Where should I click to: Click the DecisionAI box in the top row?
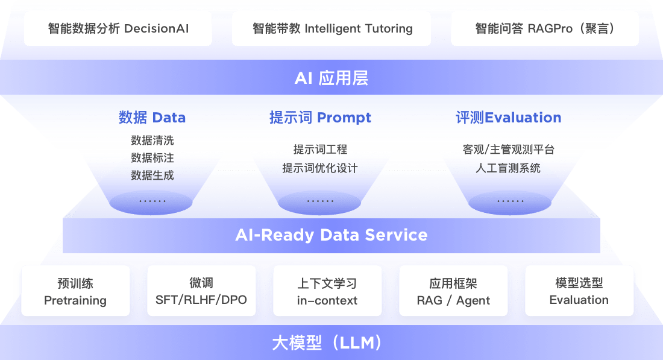click(x=118, y=28)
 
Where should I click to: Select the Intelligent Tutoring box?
click(x=333, y=28)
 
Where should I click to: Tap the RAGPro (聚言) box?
click(x=544, y=28)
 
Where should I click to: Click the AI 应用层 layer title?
click(x=331, y=78)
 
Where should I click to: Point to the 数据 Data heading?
click(x=152, y=117)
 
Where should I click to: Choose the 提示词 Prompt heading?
click(x=320, y=117)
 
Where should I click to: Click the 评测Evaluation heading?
click(x=508, y=117)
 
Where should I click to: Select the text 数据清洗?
click(x=152, y=141)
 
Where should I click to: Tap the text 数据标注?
click(x=152, y=158)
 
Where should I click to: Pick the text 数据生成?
click(x=152, y=175)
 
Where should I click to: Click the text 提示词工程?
click(x=320, y=150)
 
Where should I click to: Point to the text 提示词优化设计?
click(x=320, y=168)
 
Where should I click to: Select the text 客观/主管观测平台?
click(x=508, y=150)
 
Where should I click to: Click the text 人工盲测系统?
click(x=508, y=168)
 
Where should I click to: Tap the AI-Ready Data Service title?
click(x=331, y=235)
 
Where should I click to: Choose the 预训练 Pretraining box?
click(x=75, y=291)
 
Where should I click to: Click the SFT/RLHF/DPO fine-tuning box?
click(x=201, y=291)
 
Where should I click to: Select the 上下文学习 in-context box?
click(x=327, y=291)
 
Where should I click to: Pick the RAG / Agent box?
click(x=453, y=291)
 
